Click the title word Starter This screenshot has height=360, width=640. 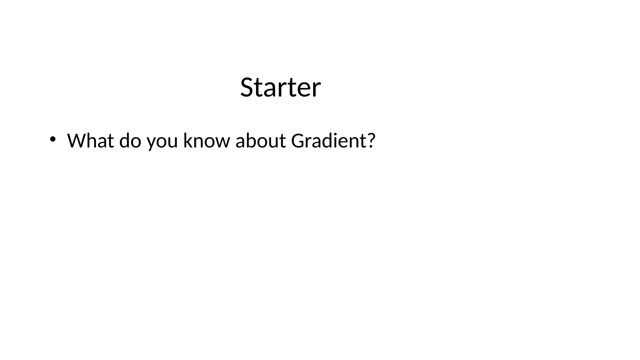point(280,87)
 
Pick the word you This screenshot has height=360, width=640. point(162,141)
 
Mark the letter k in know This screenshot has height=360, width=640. point(187,141)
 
